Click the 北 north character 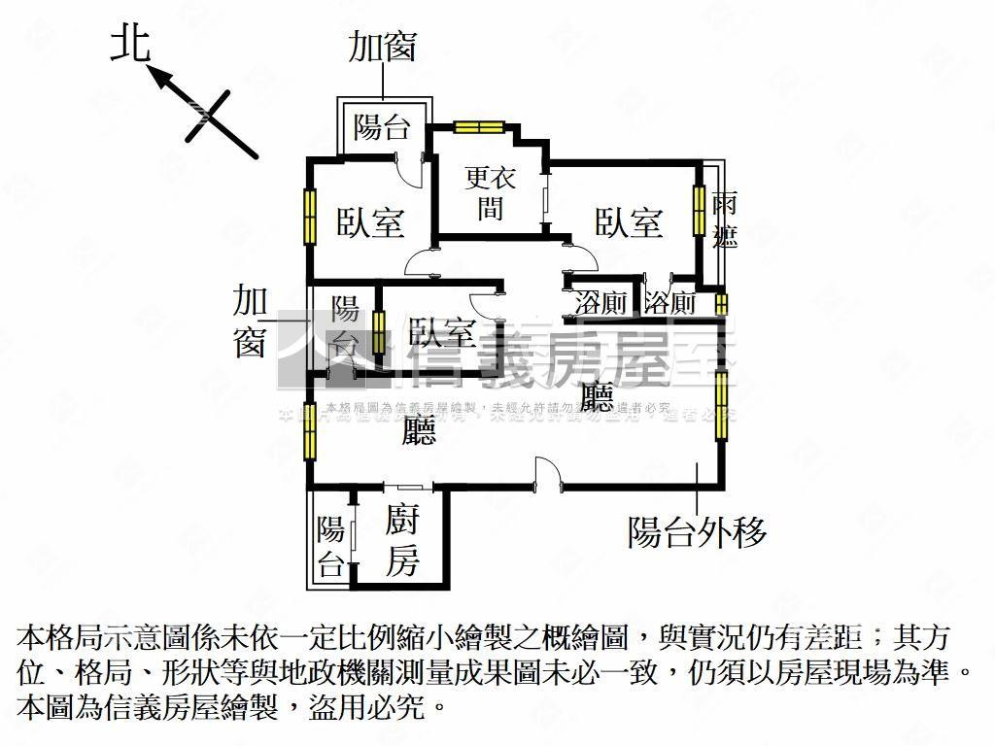click(130, 45)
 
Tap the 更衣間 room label click(490, 191)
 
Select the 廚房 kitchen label click(401, 540)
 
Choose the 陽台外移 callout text click(697, 531)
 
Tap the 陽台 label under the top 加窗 click(381, 126)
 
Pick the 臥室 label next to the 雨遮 click(629, 222)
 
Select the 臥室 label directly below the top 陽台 click(370, 222)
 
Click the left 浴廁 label click(600, 302)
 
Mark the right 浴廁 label click(670, 302)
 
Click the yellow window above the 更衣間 click(479, 125)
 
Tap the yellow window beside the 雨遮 click(699, 209)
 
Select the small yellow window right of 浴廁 click(721, 303)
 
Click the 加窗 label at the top click(383, 47)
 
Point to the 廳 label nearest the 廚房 click(420, 428)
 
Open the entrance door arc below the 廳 click(546, 472)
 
